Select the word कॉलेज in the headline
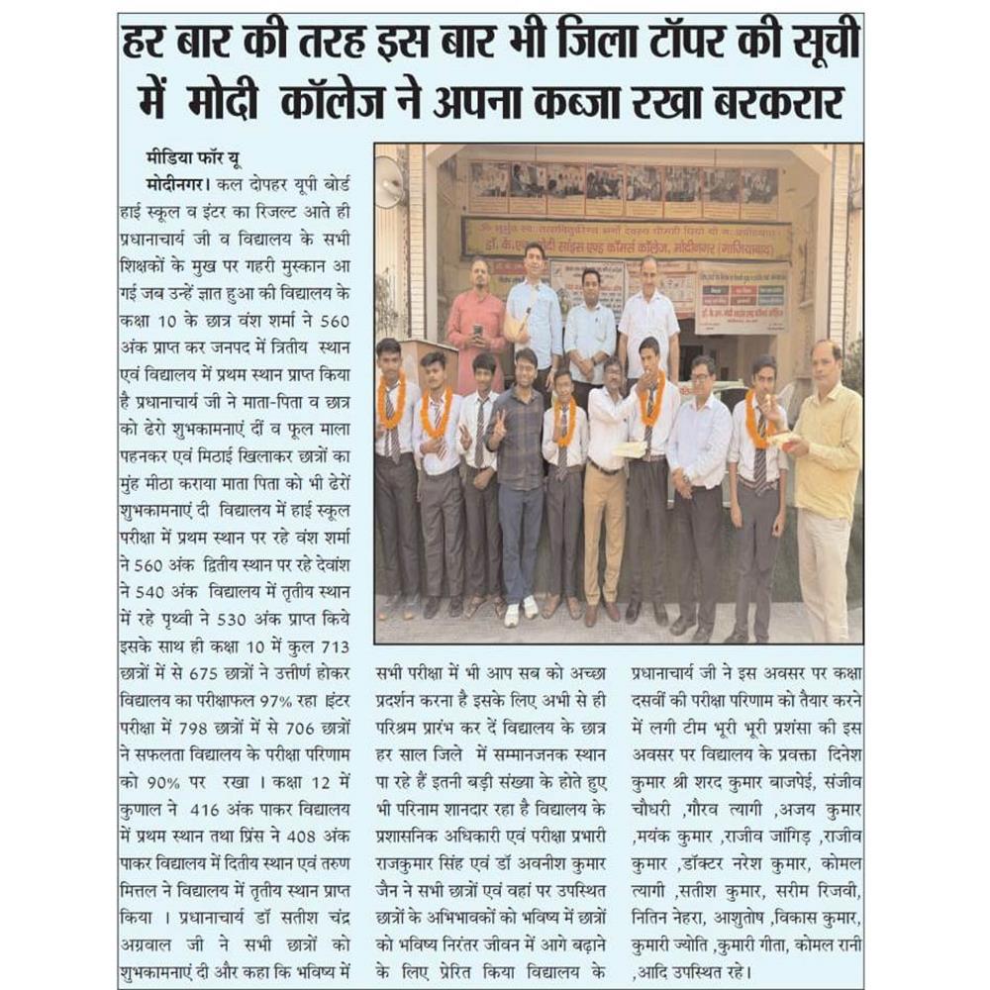pyautogui.click(x=330, y=101)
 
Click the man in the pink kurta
pyautogui.click(x=477, y=327)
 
